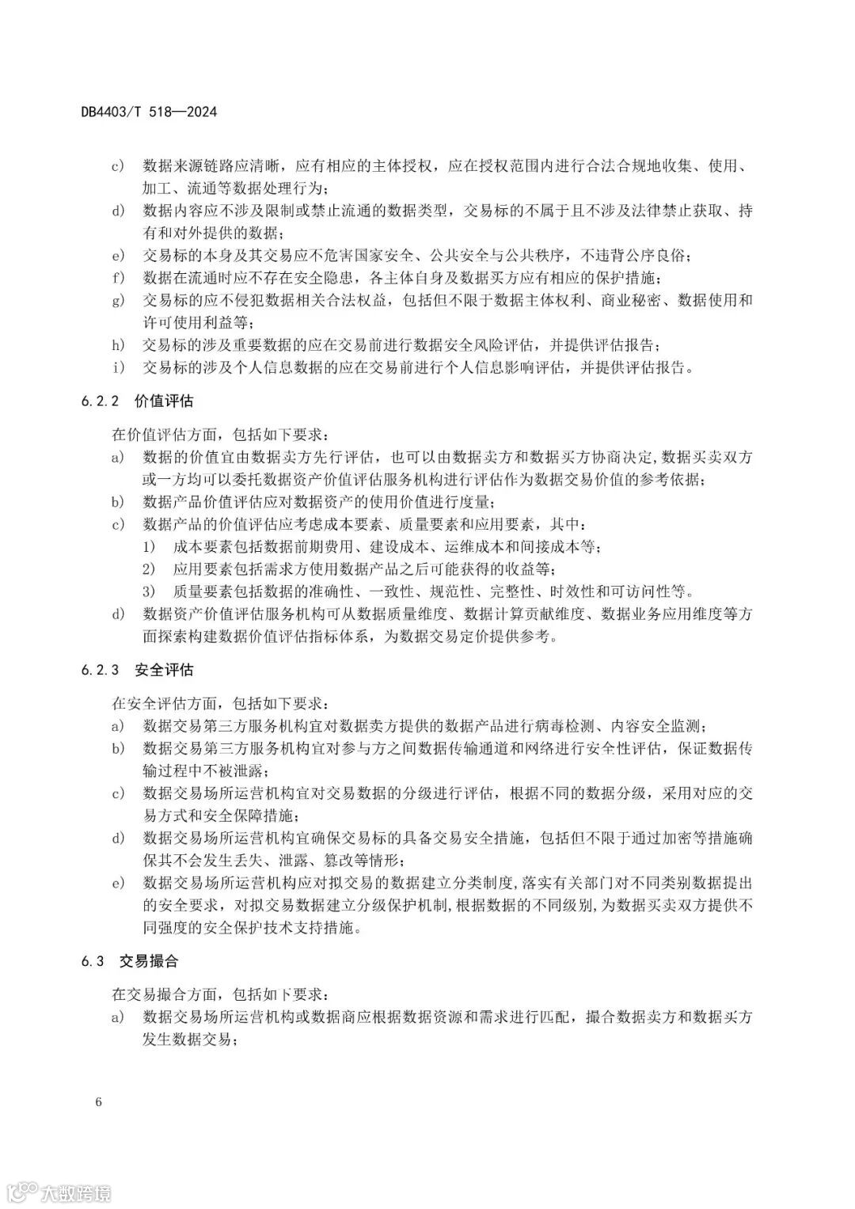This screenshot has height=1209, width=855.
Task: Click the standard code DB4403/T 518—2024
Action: [149, 112]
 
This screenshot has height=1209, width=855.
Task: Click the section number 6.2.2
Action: [99, 401]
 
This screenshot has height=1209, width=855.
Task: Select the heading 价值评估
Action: [164, 401]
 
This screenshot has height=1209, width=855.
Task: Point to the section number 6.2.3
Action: [99, 670]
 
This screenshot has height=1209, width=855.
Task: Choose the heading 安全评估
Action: [164, 670]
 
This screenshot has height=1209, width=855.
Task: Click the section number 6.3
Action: [92, 961]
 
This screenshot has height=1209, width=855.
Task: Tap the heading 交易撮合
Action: [149, 961]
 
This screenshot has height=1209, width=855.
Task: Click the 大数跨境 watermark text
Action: [77, 1192]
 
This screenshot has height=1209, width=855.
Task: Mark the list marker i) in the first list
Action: [118, 367]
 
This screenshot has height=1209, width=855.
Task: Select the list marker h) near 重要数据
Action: [118, 344]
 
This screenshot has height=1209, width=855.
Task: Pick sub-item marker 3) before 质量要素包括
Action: [149, 591]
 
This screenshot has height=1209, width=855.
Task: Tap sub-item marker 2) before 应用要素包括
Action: [149, 569]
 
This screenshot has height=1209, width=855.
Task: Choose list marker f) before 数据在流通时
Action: [118, 278]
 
